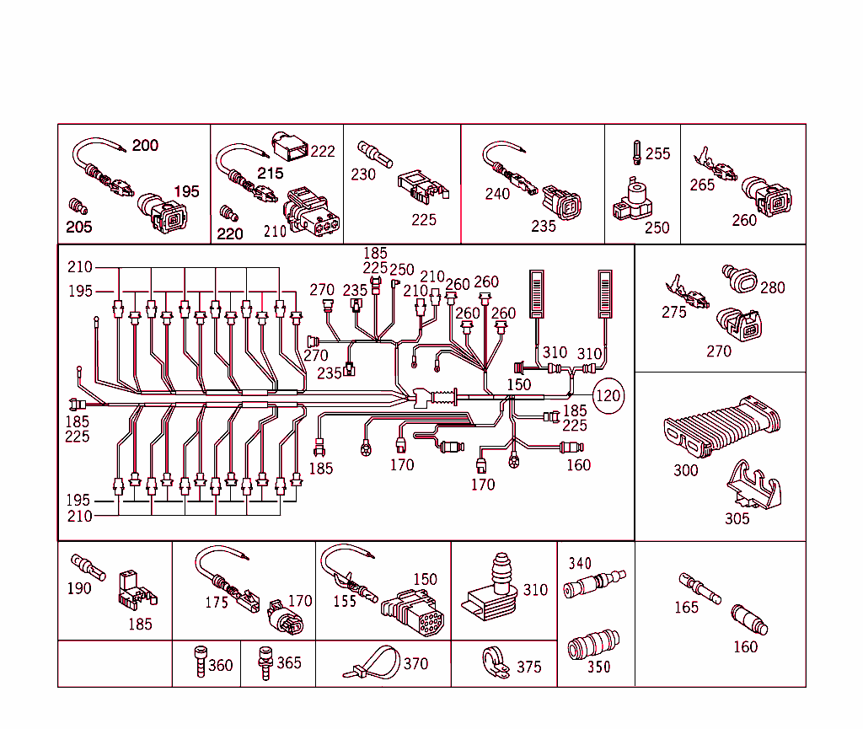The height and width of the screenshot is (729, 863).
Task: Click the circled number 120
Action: (x=609, y=395)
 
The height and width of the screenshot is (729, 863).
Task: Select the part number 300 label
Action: (x=685, y=470)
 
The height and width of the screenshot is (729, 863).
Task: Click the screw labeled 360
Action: (x=199, y=662)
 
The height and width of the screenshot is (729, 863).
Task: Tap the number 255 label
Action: (x=657, y=154)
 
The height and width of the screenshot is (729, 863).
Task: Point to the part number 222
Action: (x=323, y=152)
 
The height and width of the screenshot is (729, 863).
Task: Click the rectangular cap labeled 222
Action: (x=290, y=147)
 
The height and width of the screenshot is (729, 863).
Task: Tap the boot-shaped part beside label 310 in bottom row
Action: (x=492, y=590)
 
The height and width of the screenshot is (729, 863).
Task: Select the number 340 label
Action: (x=580, y=563)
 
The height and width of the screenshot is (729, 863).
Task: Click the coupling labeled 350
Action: (x=595, y=646)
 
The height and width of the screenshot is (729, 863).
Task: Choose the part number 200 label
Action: (x=145, y=146)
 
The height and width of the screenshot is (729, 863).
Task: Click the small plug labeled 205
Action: (x=77, y=206)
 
